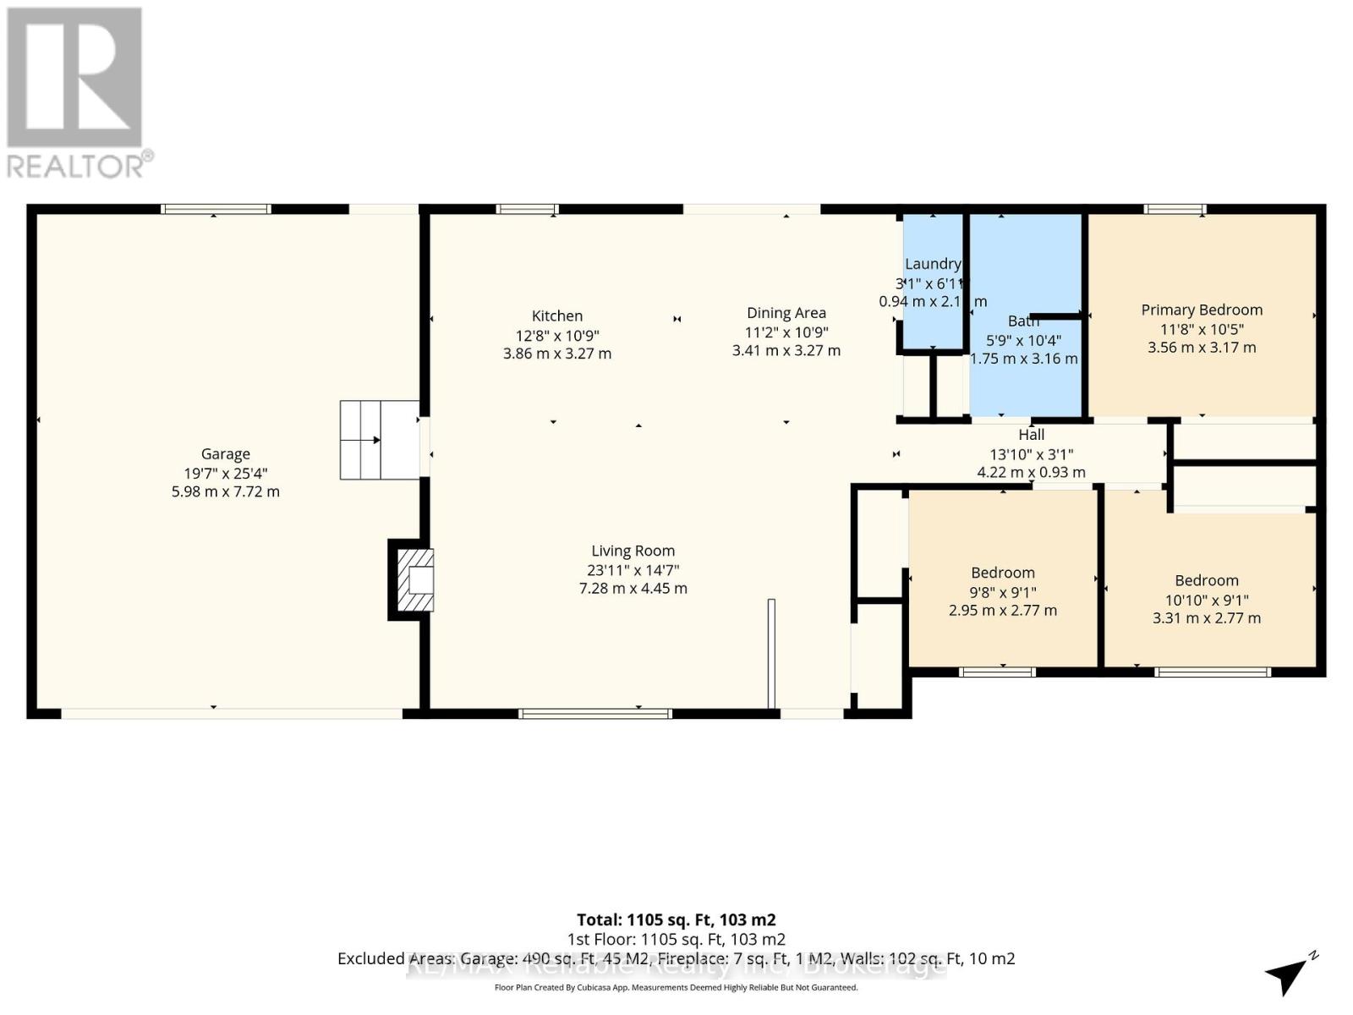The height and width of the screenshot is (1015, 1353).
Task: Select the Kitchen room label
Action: coord(556,315)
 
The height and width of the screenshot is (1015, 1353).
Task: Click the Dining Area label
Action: coord(786,313)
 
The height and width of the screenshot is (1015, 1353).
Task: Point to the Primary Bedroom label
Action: coord(1201,310)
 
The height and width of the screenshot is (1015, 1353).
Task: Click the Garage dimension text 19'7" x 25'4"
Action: coord(225,473)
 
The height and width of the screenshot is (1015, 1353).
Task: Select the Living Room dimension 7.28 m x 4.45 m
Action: coord(633,588)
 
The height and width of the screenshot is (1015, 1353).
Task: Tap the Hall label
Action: coord(1031,435)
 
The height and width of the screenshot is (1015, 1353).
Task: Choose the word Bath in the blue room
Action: coord(1023,321)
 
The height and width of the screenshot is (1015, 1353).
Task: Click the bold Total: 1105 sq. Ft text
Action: coord(676,919)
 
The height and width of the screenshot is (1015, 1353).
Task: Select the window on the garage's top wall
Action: coord(216,209)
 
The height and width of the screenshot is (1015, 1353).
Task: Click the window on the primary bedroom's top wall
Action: coord(1175,209)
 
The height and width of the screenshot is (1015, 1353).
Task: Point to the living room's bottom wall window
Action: coord(595,714)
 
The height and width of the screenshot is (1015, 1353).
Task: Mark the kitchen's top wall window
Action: coord(527,209)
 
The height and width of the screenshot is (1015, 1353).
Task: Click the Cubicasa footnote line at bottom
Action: coord(676,987)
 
